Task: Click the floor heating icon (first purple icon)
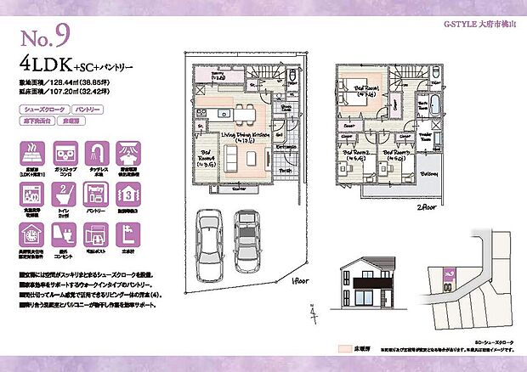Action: coord(31,156)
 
